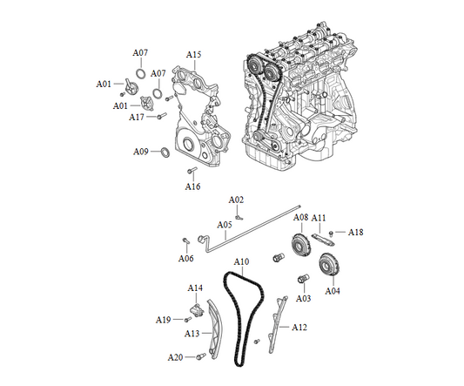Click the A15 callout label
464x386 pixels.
coord(193,55)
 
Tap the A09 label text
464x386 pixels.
coord(140,152)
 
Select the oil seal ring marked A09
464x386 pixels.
coord(165,152)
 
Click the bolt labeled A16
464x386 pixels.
coord(192,170)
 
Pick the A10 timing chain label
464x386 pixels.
coord(241,262)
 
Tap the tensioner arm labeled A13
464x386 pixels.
coord(215,328)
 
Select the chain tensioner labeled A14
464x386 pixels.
coord(197,311)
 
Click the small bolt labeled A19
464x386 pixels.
coord(188,320)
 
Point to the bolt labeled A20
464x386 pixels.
coord(201,356)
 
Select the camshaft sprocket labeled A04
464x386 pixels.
coord(328,265)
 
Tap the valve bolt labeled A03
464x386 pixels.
coord(303,279)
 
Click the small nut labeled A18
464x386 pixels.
coord(332,233)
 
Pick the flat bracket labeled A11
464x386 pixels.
coord(323,240)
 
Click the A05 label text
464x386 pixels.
coord(225,225)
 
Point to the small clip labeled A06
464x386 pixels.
coord(185,240)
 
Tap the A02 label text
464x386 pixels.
coord(236,200)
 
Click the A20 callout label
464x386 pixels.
coord(176,357)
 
